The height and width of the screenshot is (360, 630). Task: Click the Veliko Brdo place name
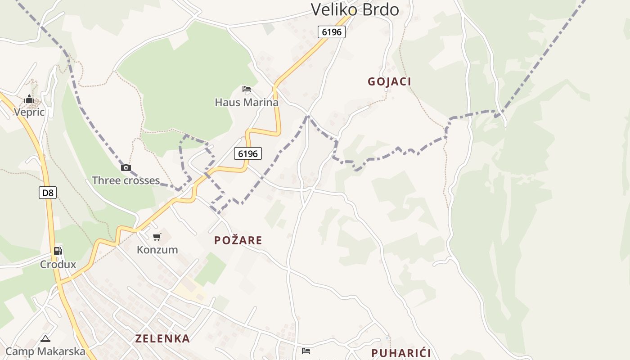355,9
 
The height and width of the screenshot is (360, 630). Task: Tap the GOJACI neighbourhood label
389,81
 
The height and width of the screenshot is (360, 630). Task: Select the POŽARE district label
238,240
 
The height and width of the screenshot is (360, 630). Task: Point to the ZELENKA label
162,339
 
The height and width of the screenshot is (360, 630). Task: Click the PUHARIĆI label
401,353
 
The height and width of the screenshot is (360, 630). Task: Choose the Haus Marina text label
247,102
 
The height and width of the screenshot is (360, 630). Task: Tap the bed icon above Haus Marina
247,89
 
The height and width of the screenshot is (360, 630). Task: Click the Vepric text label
29,112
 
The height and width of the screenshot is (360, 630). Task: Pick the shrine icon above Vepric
29,99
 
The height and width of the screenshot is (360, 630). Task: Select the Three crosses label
126,180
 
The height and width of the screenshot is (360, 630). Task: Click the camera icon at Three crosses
126,168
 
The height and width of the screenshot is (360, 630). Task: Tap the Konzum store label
157,250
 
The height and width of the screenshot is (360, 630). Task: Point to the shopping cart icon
157,237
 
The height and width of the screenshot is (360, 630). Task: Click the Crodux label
58,264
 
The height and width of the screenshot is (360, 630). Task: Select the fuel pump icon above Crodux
58,251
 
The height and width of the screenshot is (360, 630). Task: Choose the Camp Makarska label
45,351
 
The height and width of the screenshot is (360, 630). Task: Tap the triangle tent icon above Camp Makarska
45,338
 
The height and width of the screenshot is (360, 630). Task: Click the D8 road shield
48,193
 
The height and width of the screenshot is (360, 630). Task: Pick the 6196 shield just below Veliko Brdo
332,32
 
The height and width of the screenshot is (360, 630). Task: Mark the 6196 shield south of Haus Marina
248,153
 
